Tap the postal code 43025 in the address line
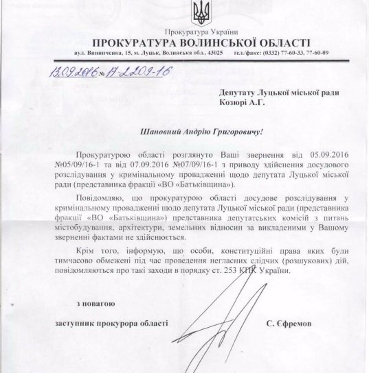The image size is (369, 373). point(211,53)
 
